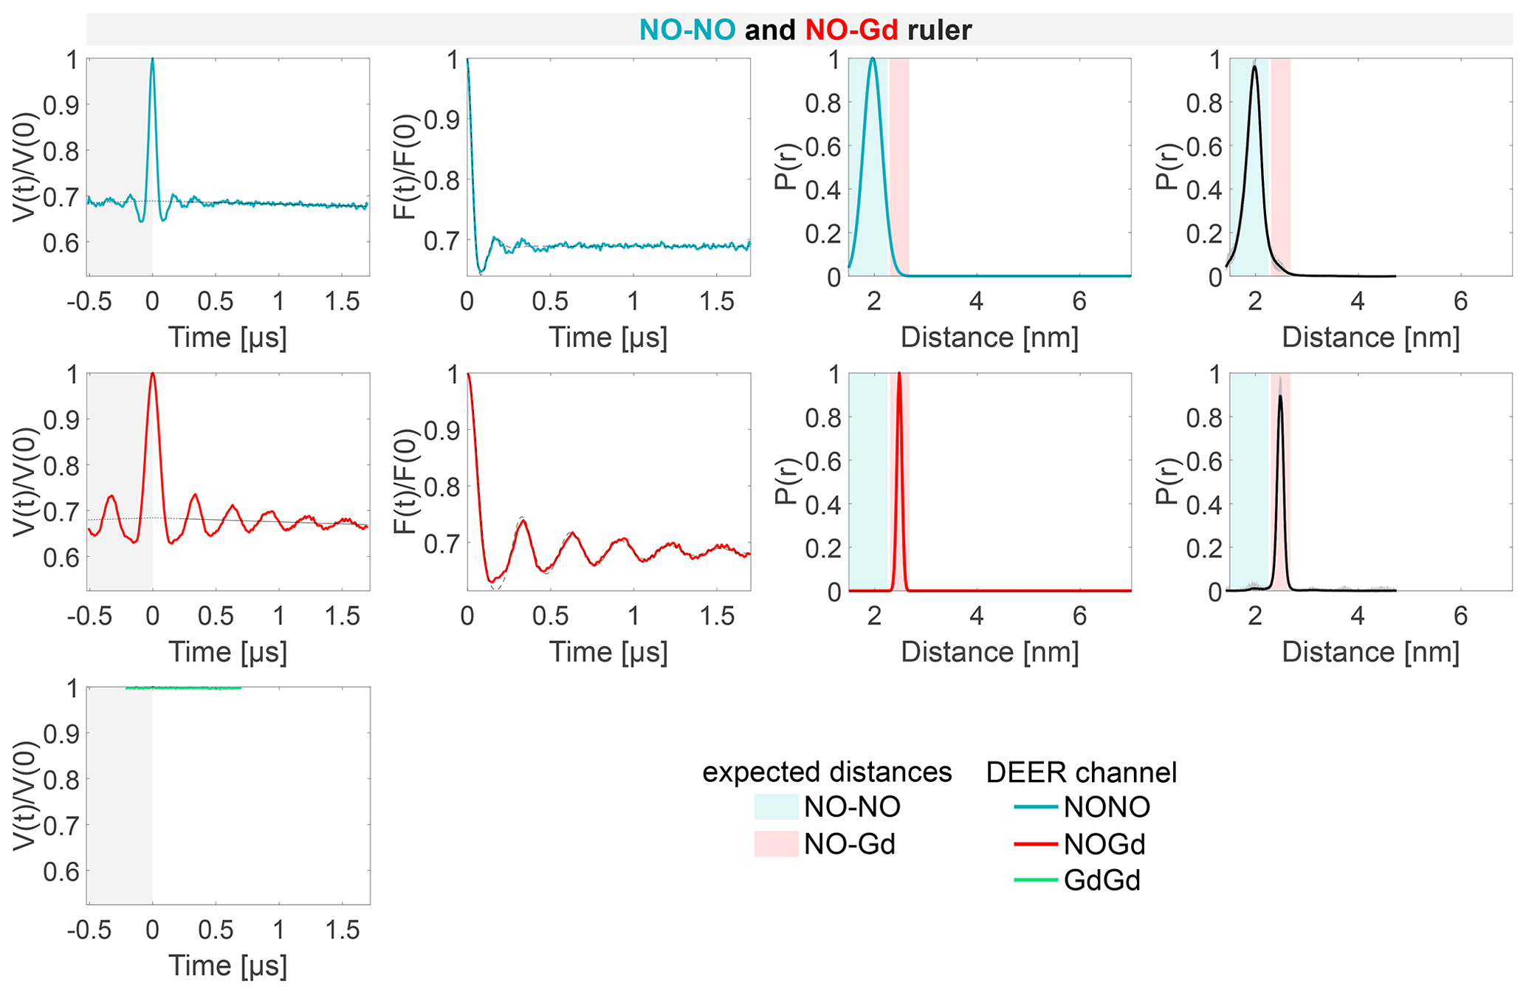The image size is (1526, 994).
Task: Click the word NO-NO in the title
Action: pos(687,30)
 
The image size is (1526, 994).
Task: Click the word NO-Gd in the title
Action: pos(851,30)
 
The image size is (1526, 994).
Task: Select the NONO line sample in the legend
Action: pos(1035,807)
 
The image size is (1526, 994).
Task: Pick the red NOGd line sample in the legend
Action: pos(1035,844)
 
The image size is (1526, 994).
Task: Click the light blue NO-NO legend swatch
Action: pos(776,807)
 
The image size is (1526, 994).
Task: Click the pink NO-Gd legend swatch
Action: pos(776,844)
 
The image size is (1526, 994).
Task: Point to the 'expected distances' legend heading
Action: pos(827,772)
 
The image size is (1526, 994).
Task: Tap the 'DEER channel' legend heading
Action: pos(1081,772)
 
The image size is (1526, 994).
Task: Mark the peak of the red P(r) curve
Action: pos(899,374)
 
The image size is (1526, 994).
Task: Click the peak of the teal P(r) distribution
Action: pos(873,59)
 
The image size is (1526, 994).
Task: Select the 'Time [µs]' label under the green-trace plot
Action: pos(227,966)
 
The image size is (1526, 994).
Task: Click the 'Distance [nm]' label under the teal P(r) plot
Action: pos(989,337)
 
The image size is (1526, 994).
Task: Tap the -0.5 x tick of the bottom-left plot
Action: pos(89,930)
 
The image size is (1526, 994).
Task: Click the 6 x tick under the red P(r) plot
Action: pos(1079,615)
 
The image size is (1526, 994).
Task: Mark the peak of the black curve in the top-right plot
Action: pos(1254,66)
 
